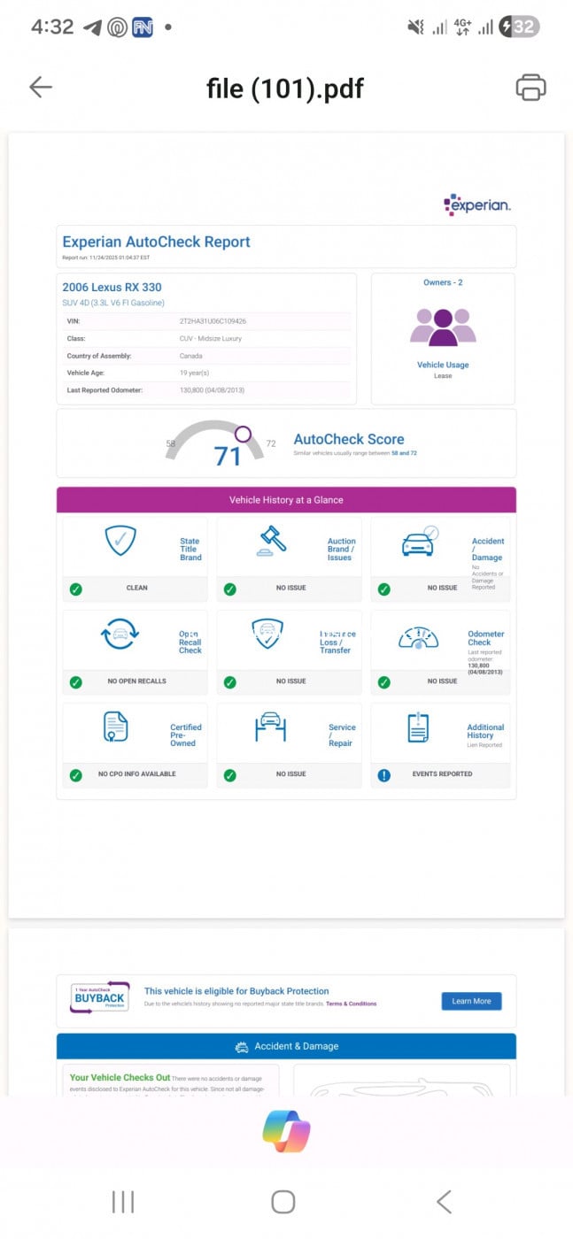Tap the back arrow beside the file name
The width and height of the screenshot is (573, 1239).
[41, 87]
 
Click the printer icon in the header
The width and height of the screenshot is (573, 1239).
[530, 87]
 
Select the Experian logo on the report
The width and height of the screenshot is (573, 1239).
[477, 205]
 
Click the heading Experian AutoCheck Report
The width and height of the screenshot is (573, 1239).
[156, 242]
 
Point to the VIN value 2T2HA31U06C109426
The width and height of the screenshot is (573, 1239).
[213, 321]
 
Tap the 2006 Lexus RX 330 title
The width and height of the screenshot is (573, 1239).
[112, 288]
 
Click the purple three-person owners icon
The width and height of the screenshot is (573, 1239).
[443, 327]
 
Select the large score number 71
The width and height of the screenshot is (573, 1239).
[228, 457]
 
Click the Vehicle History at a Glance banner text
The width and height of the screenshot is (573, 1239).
[286, 500]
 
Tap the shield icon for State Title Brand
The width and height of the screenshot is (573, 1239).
[120, 540]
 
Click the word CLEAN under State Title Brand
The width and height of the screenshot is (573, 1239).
[137, 588]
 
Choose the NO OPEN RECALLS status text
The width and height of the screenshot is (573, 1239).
[137, 681]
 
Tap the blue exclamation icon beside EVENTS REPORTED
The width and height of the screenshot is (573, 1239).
[384, 774]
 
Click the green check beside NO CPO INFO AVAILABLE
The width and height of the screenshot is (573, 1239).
[76, 774]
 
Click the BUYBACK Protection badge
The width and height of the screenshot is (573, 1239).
[100, 997]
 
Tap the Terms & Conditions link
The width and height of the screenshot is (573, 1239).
[351, 1004]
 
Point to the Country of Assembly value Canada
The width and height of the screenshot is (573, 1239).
[191, 356]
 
